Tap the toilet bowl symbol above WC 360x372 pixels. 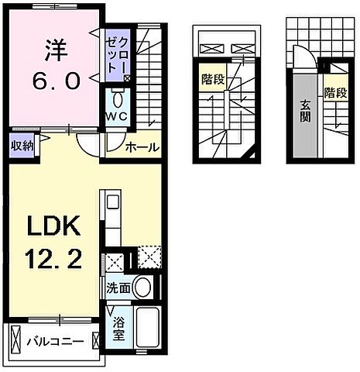117,101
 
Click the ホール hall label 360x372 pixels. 142,146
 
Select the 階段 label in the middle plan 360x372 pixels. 210,79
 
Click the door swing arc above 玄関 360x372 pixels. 300,58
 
